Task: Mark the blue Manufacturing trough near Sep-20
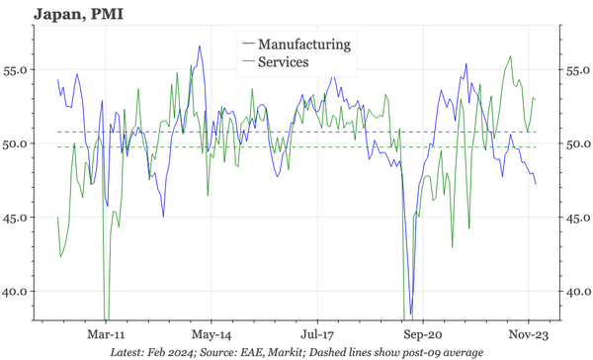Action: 410,313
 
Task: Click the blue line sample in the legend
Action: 247,45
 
